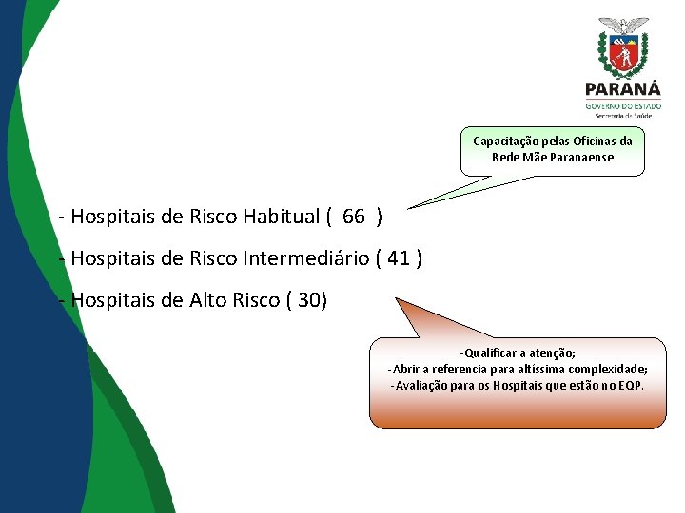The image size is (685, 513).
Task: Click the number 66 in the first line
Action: pyautogui.click(x=353, y=217)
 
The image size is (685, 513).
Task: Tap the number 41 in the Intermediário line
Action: pyautogui.click(x=401, y=258)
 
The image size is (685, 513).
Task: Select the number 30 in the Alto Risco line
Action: pyautogui.click(x=309, y=301)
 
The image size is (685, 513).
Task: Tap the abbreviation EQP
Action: pyautogui.click(x=631, y=386)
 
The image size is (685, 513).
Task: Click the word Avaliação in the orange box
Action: pyautogui.click(x=425, y=386)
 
